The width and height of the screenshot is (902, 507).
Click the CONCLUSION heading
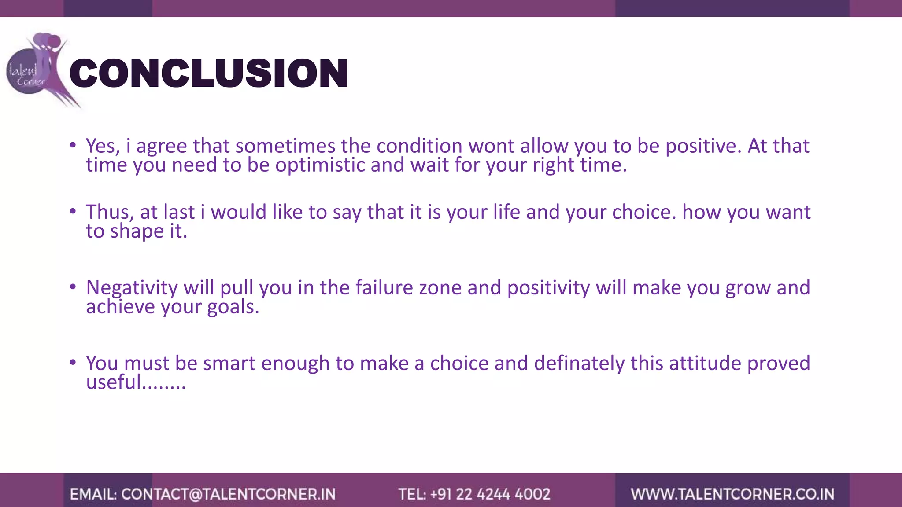pyautogui.click(x=209, y=73)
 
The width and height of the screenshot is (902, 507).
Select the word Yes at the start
pyautogui.click(x=102, y=146)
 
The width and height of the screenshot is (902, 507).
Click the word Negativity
pyautogui.click(x=132, y=288)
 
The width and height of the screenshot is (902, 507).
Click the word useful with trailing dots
pyautogui.click(x=136, y=382)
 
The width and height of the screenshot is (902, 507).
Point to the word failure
pyautogui.click(x=384, y=288)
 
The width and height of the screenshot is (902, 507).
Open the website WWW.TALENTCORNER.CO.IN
pyautogui.click(x=732, y=494)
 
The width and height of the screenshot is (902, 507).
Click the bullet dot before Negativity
pyautogui.click(x=73, y=287)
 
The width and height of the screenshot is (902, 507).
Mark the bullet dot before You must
pyautogui.click(x=73, y=363)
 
